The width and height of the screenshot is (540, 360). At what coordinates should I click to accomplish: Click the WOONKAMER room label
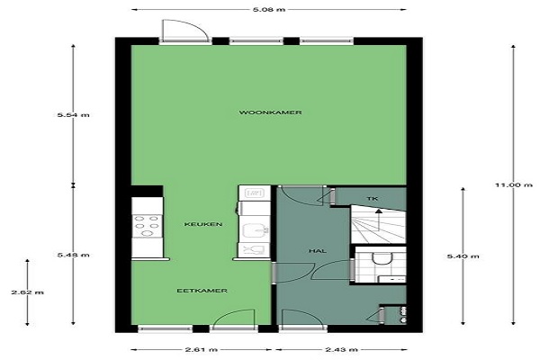270,112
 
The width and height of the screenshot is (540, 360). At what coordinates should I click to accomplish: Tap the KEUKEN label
203,224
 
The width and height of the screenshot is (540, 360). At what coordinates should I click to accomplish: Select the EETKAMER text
202,291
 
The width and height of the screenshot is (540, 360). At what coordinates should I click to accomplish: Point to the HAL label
317,251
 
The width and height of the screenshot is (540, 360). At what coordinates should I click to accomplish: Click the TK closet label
373,199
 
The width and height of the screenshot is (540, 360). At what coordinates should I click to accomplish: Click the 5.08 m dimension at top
269,10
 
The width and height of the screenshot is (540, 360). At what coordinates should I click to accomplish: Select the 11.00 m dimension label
514,185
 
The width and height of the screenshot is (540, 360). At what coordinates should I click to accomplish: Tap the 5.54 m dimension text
74,115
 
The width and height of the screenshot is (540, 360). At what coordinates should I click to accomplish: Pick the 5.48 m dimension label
74,255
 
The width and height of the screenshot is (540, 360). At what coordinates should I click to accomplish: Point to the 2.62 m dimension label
28,292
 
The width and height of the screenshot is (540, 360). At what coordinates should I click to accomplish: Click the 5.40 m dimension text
463,256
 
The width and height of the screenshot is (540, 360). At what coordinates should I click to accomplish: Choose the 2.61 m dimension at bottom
202,350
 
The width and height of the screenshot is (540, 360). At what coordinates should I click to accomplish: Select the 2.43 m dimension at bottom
341,350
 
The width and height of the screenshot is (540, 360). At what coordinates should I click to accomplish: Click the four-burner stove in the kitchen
148,226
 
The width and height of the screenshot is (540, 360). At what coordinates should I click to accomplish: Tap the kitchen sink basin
255,230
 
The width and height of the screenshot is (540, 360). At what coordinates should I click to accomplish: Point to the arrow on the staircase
379,220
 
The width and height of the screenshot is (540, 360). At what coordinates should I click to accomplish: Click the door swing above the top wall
185,30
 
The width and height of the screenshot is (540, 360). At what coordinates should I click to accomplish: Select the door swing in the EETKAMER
234,317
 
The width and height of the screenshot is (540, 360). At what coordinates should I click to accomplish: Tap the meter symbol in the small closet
402,314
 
